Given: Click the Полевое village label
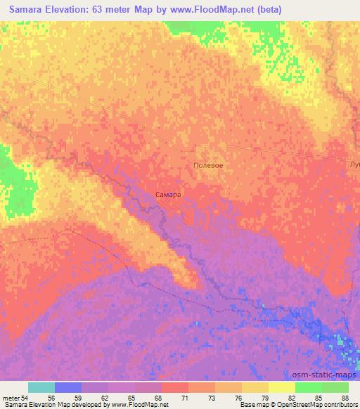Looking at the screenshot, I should (x=208, y=165).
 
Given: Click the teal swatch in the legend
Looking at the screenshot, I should (x=41, y=387).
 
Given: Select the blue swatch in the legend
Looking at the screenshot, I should (x=68, y=387).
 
